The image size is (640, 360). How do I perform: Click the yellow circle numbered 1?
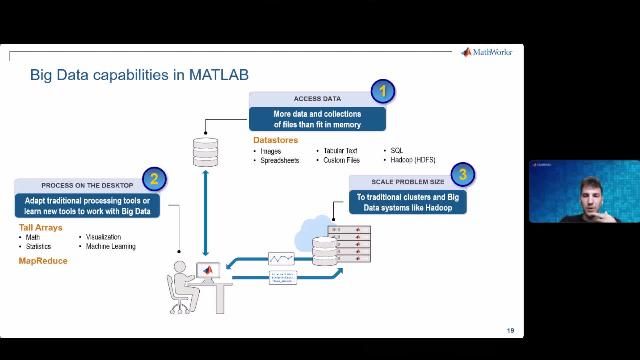(382, 93)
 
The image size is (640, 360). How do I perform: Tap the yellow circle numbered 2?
(153, 179)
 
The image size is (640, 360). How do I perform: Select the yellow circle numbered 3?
(462, 174)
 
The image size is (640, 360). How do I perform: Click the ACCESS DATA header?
(317, 99)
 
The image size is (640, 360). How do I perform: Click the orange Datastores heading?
(275, 141)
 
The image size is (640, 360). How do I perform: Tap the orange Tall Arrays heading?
(41, 228)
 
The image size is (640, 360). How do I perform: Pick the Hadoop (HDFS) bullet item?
(411, 160)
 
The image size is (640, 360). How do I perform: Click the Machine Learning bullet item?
(110, 246)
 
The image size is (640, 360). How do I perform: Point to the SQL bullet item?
(395, 151)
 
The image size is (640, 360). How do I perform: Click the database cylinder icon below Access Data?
(205, 152)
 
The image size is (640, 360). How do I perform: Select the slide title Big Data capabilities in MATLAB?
(139, 75)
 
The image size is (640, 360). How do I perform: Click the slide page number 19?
(510, 331)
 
